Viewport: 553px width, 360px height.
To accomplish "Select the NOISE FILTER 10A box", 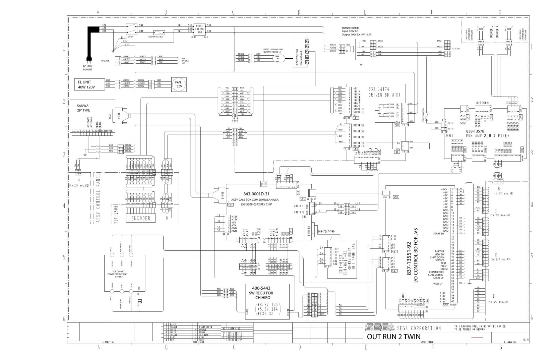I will [x=199, y=30].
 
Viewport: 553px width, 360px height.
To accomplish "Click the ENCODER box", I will [x=141, y=218].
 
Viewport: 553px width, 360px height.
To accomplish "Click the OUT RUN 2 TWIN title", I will [x=393, y=337].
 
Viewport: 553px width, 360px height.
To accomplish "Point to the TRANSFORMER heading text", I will [x=350, y=28].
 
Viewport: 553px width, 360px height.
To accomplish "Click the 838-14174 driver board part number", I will [x=379, y=89].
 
